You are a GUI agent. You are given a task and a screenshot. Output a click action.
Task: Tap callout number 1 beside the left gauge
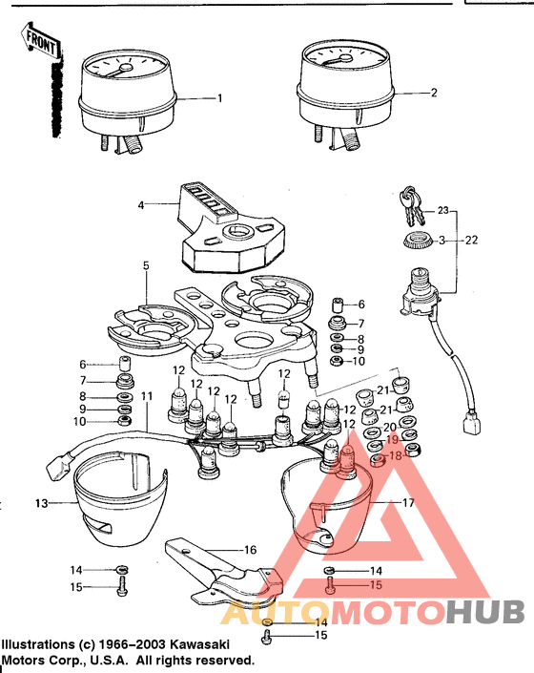219,98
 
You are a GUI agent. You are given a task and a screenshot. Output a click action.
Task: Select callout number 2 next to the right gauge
434,94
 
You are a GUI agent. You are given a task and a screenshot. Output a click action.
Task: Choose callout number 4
141,205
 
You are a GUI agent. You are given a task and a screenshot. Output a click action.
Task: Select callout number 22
471,241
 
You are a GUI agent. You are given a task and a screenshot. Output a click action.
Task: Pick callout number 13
41,502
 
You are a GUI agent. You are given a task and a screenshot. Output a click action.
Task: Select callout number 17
407,502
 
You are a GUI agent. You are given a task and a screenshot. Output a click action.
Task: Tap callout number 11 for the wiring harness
146,395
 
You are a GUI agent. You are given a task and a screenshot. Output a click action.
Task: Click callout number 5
147,266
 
